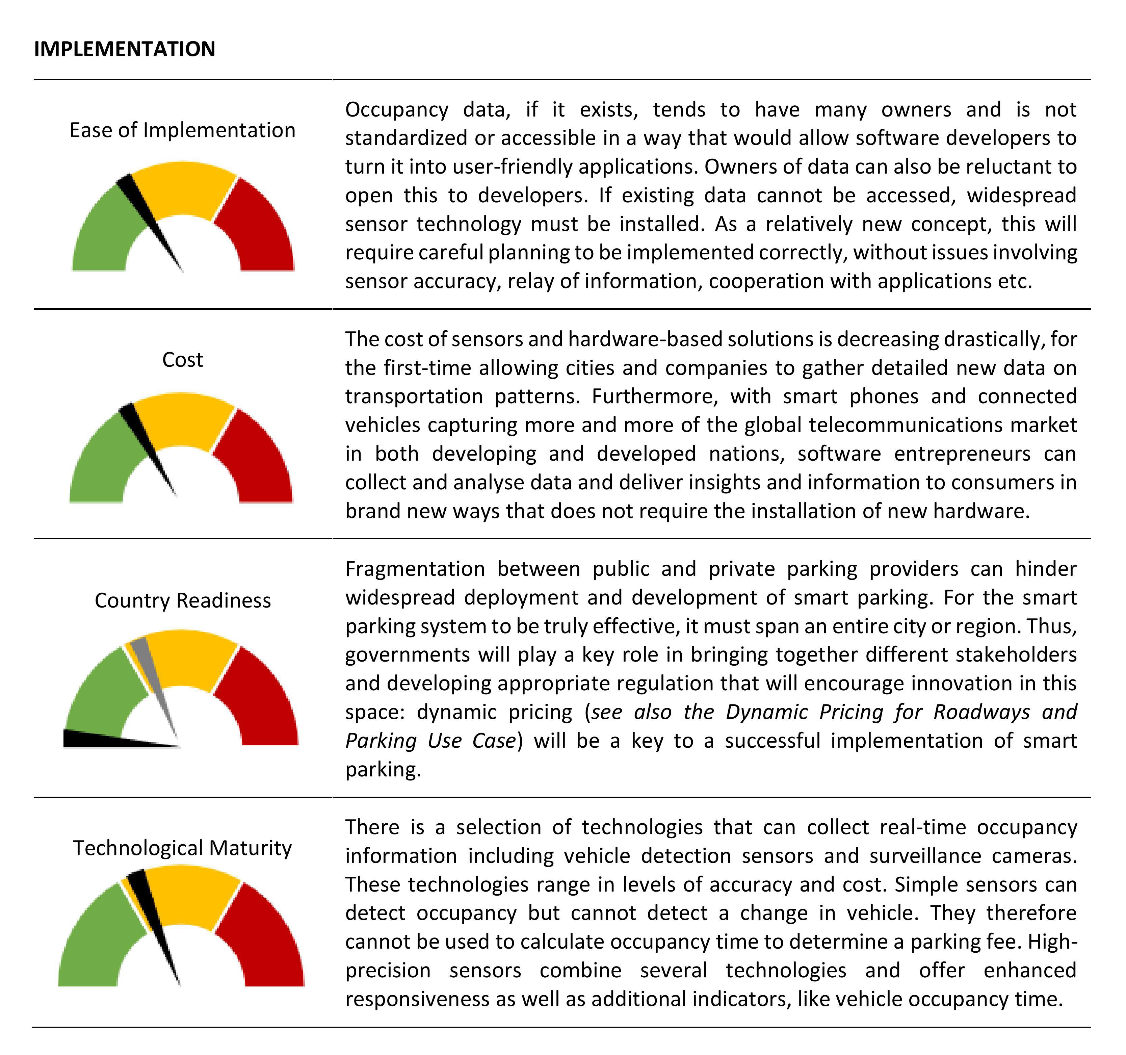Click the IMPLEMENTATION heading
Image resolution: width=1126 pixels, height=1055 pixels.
125,49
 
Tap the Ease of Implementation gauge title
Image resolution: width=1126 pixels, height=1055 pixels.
182,130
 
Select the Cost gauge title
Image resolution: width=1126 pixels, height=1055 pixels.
182,360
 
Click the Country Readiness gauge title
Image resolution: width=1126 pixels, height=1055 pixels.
182,600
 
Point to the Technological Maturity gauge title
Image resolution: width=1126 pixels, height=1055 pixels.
182,848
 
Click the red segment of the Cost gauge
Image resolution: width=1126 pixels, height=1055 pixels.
258,459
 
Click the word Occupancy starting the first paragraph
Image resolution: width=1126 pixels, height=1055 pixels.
396,109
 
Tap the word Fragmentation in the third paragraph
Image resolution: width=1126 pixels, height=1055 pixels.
415,569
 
